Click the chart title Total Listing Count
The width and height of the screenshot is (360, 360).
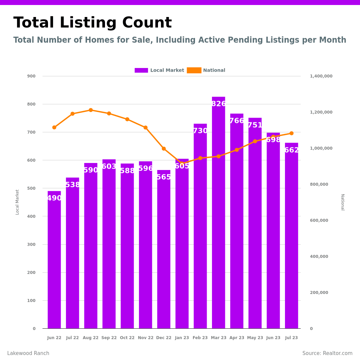click(92, 23)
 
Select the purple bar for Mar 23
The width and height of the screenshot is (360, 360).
click(218, 217)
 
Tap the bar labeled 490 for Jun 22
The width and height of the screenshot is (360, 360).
click(54, 260)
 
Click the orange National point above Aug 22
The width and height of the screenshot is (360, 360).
click(91, 110)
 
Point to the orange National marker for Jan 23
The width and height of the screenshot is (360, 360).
click(182, 164)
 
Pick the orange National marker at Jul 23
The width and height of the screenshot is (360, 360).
click(291, 133)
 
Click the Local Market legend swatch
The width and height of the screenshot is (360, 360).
click(141, 70)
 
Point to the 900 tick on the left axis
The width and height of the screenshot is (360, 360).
click(31, 76)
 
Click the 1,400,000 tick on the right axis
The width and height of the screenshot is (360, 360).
click(321, 76)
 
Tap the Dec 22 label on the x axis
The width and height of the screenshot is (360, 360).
click(164, 338)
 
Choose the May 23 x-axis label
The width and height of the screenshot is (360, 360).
click(255, 338)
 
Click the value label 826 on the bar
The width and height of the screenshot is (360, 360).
click(218, 104)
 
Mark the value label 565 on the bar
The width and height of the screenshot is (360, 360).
click(164, 177)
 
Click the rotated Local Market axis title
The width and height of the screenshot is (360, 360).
click(17, 202)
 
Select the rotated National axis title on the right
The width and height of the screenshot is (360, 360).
click(342, 202)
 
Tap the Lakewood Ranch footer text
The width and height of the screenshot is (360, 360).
click(28, 353)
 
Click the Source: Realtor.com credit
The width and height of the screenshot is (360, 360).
click(327, 353)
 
